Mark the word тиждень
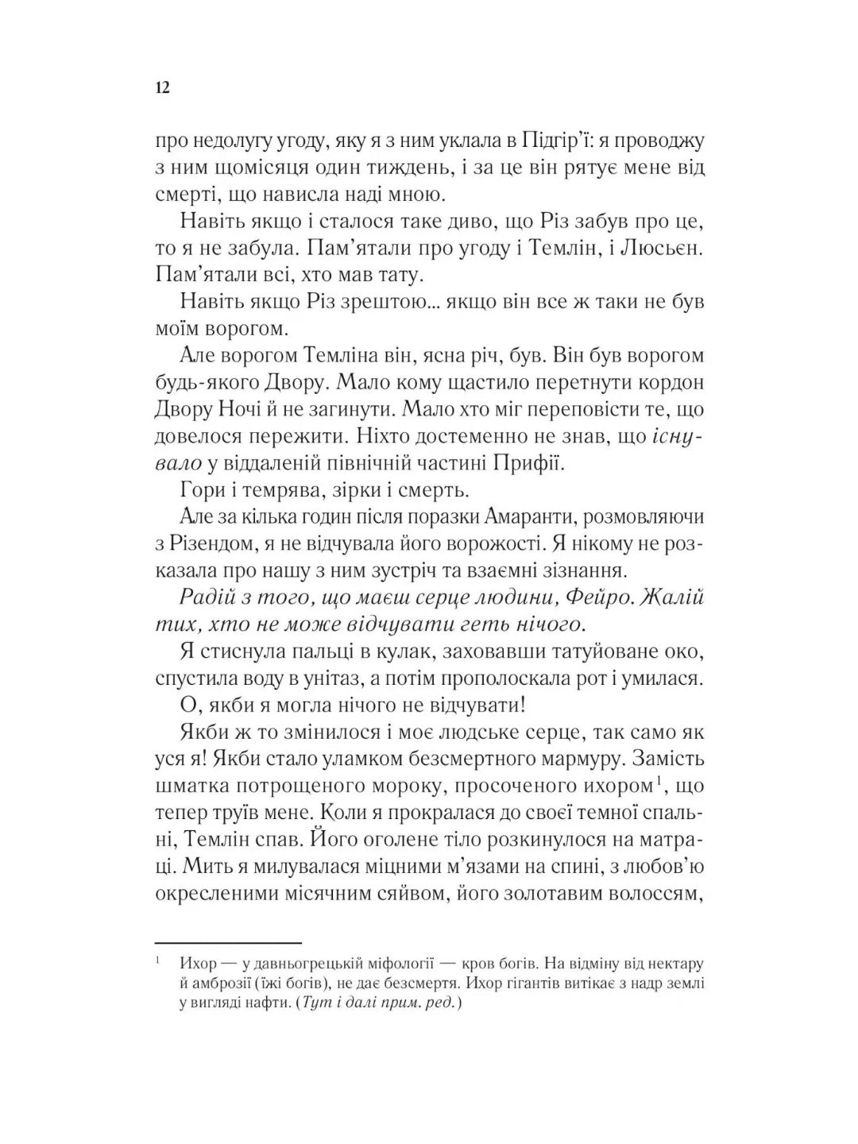coord(451,168)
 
